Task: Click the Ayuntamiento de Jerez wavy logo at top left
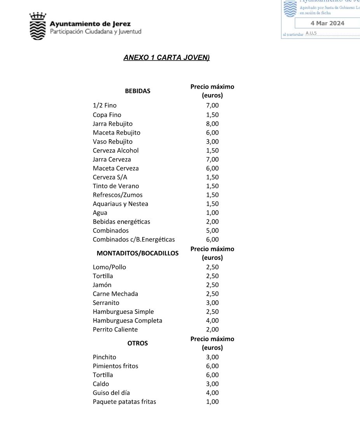point(38,26)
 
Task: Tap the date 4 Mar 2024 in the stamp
point(327,23)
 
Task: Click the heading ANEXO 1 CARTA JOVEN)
point(166,58)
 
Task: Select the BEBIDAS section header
point(137,91)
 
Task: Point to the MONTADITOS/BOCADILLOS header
point(137,253)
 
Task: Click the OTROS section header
point(137,343)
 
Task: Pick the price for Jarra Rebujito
point(212,124)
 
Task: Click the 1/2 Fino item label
point(105,105)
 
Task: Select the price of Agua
point(212,213)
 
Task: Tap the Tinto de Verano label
point(116,186)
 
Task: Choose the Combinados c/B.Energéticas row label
point(134,240)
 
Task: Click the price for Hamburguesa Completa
point(212,321)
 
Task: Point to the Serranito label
point(106,303)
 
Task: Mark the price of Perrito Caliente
point(212,329)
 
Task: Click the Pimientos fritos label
point(115,366)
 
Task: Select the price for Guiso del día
point(212,393)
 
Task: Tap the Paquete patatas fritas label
point(124,402)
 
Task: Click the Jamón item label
point(102,285)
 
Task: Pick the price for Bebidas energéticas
point(212,222)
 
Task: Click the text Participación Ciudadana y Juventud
point(96,32)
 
